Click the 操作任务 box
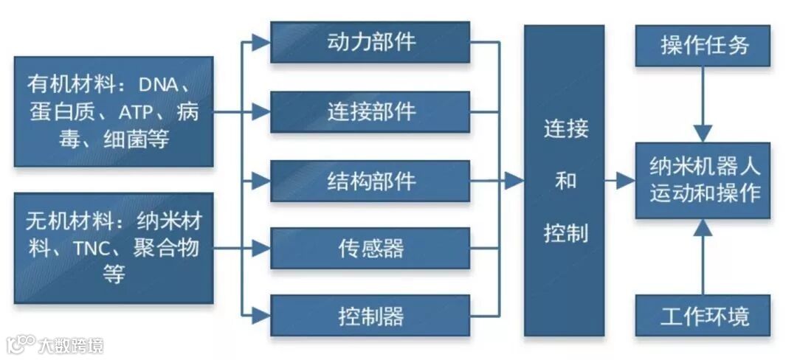click(x=703, y=46)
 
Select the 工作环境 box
click(x=703, y=316)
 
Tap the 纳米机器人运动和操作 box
click(x=703, y=180)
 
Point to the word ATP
click(x=139, y=113)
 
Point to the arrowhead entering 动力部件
click(x=261, y=43)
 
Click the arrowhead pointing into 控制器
click(x=261, y=316)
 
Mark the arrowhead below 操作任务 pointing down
click(x=703, y=133)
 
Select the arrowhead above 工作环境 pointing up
click(x=703, y=228)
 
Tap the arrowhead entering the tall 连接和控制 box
click(x=514, y=181)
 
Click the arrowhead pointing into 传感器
click(x=261, y=249)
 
